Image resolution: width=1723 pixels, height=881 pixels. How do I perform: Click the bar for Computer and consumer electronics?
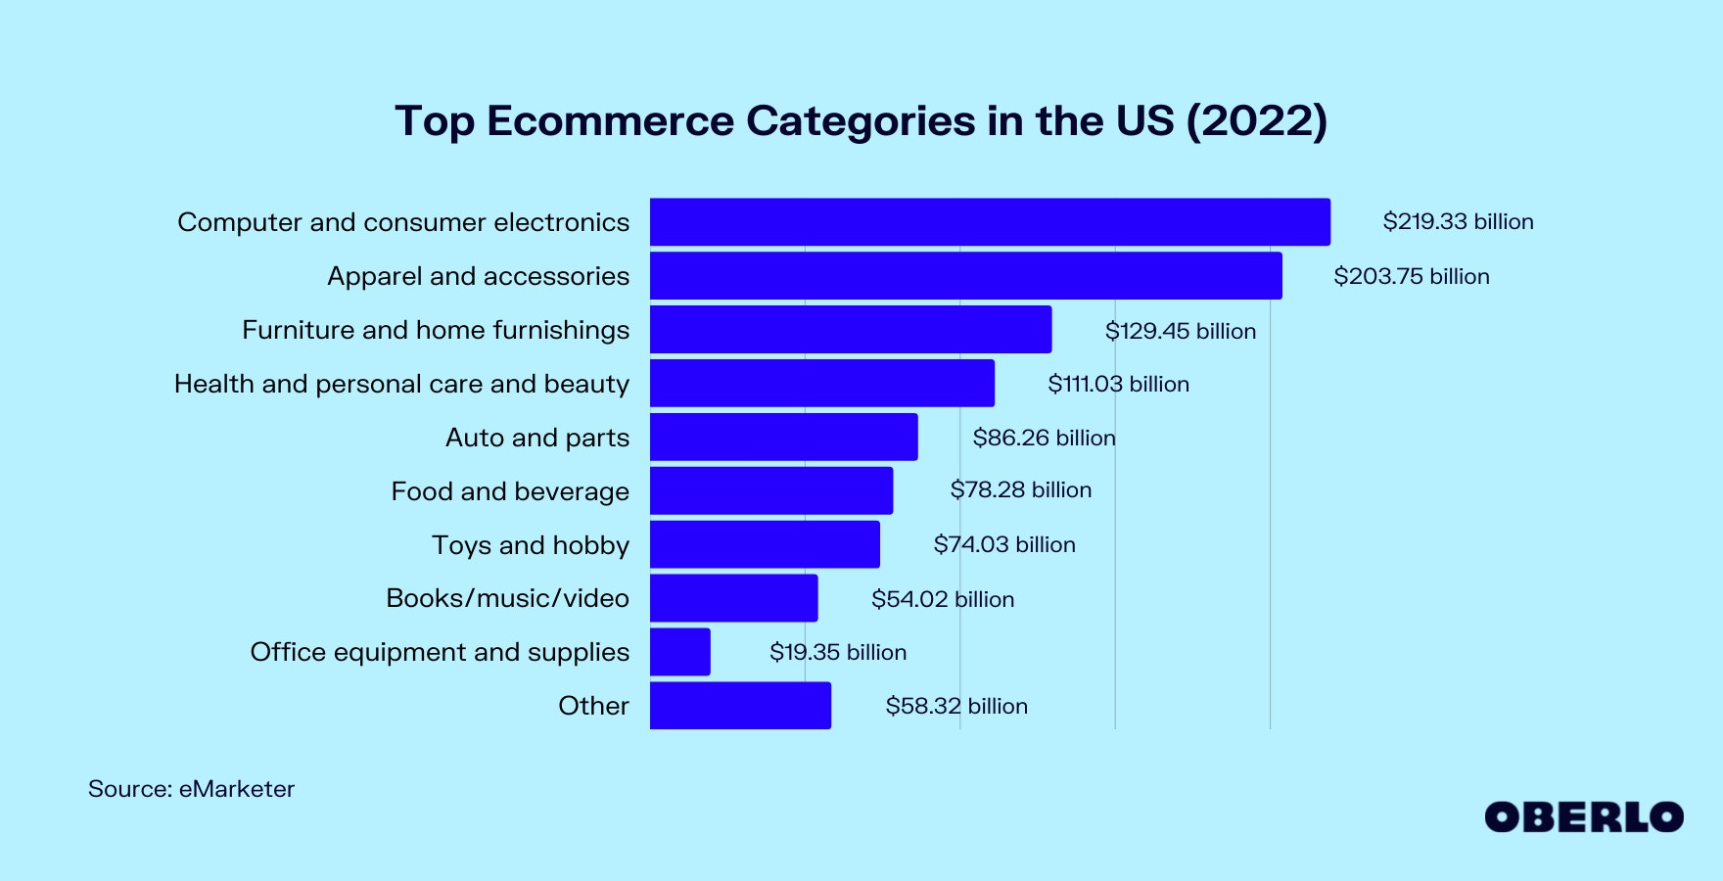(990, 222)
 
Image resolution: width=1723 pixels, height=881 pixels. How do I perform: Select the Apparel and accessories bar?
(965, 276)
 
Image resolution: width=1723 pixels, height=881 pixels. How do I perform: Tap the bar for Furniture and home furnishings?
(851, 330)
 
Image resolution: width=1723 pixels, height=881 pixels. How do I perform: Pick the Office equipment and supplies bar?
(680, 652)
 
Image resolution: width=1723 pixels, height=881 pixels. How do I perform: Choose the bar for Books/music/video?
(733, 598)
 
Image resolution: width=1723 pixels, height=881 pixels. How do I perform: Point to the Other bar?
(740, 706)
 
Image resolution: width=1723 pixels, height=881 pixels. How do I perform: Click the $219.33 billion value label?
(1458, 222)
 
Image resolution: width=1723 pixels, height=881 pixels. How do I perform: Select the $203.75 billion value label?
(1411, 276)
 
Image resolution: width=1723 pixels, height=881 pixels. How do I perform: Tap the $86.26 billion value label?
(1044, 438)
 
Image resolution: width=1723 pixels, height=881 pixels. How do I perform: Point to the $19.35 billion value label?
(838, 652)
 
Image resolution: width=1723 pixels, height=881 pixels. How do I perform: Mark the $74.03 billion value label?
(1004, 544)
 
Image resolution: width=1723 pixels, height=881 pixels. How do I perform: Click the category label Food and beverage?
(510, 491)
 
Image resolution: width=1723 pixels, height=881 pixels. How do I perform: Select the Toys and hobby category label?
(531, 545)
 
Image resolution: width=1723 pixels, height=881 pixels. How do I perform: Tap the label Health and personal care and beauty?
(401, 384)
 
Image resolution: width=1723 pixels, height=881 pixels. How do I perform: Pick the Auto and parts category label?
(537, 438)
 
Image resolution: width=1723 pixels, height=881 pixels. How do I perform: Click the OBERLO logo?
(1584, 817)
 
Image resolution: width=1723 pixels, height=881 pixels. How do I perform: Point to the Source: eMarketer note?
(191, 789)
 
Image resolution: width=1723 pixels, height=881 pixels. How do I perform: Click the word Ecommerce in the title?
(610, 121)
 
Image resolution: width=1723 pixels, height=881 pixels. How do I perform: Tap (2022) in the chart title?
(1256, 121)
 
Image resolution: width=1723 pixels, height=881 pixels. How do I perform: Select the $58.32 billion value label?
(956, 706)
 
